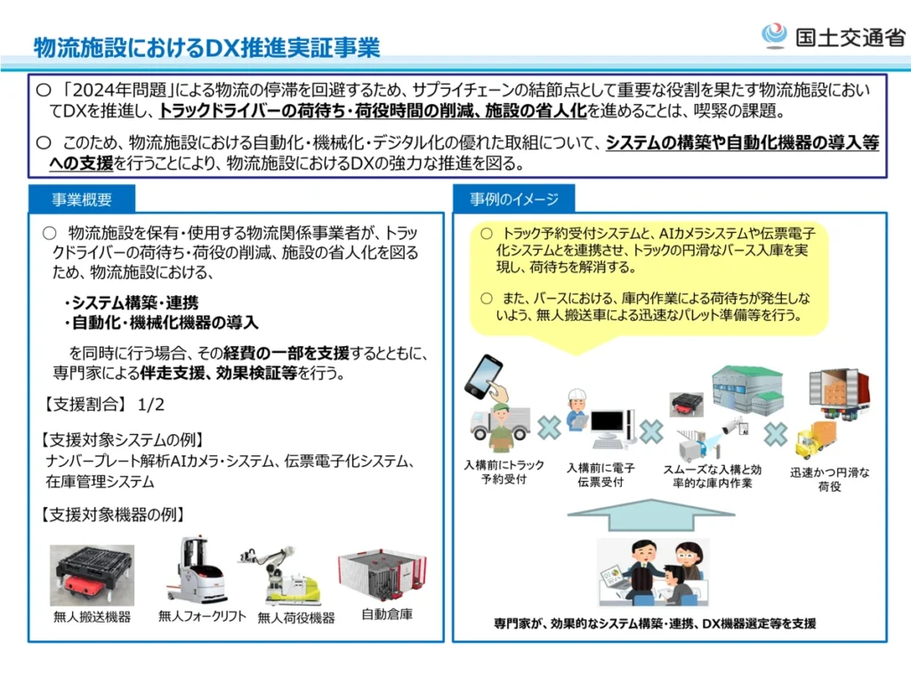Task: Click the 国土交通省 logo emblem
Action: click(x=774, y=36)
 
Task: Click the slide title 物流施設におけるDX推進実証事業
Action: click(x=206, y=47)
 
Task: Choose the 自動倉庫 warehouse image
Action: click(x=382, y=575)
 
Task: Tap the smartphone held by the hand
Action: click(x=485, y=377)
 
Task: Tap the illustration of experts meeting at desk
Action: click(x=654, y=574)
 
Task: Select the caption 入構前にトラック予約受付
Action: click(x=504, y=472)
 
